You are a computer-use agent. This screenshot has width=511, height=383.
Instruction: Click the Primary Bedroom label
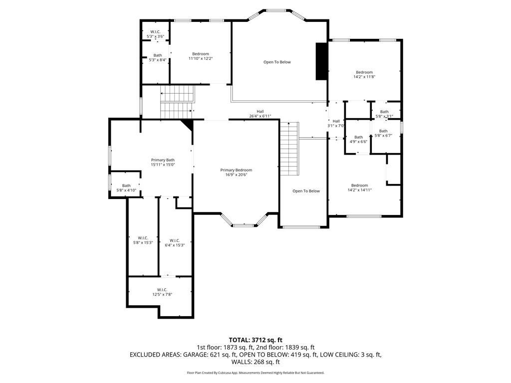tap(236, 173)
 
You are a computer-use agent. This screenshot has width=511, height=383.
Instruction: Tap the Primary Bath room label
tap(163, 162)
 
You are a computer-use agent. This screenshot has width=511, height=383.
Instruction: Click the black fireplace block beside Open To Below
tap(321, 61)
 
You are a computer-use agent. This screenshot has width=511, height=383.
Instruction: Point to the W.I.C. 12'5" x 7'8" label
tap(162, 292)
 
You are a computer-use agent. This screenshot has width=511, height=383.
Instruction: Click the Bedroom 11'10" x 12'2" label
tap(200, 56)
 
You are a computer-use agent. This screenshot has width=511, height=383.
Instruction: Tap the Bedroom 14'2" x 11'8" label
tap(364, 75)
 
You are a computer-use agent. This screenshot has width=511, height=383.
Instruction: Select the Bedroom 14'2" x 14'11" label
tap(359, 188)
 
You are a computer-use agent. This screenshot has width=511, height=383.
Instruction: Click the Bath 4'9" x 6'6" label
tap(358, 139)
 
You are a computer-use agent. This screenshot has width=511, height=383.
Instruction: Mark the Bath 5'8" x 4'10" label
tap(126, 188)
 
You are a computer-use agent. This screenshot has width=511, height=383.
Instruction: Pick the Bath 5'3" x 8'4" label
tap(157, 58)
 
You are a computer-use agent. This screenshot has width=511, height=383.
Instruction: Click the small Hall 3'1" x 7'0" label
tap(336, 123)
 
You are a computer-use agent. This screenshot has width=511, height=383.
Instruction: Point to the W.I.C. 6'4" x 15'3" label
tap(175, 243)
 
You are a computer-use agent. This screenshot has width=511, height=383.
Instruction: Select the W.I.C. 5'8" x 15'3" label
tap(143, 240)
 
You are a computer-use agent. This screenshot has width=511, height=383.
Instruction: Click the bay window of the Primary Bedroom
tap(245, 223)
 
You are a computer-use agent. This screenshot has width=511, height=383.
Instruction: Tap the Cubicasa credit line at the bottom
tap(255, 373)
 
